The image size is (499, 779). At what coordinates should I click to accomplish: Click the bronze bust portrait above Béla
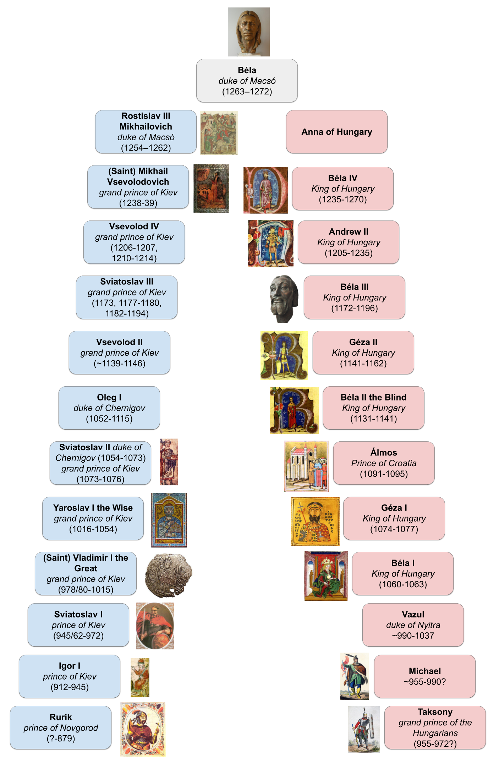coord(248,32)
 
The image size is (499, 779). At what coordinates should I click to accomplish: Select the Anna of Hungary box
coord(336,132)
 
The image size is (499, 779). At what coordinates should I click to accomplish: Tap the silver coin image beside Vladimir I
coord(169,575)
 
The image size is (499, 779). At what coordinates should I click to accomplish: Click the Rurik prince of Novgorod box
coord(61,727)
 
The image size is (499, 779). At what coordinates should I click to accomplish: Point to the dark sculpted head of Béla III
coord(284,299)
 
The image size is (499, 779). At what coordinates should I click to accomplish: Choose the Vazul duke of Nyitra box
coord(413,625)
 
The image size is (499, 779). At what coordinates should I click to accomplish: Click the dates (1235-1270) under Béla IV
coord(342,199)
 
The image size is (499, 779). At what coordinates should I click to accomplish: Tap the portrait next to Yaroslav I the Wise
coord(169,520)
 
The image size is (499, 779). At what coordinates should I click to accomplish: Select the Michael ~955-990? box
coord(424,676)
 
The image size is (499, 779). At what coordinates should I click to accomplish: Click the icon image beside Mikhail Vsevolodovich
coord(211,188)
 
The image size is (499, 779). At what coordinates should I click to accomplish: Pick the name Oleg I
coord(109,397)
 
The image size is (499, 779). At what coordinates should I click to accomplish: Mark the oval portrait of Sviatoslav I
coord(155,626)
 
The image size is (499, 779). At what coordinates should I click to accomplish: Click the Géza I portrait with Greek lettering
coord(315,521)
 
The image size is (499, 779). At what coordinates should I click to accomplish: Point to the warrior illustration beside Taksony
coord(364,729)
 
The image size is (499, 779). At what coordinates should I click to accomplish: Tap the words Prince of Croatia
coord(384,463)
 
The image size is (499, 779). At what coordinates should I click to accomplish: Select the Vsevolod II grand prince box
coord(119,353)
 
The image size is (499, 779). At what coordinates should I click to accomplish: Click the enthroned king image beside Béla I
coord(326,576)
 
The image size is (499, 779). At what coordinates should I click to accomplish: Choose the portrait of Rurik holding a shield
coord(143,729)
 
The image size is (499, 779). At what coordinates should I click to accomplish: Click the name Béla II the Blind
coord(373,397)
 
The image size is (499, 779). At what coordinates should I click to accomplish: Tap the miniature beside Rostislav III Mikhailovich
coord(219,132)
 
